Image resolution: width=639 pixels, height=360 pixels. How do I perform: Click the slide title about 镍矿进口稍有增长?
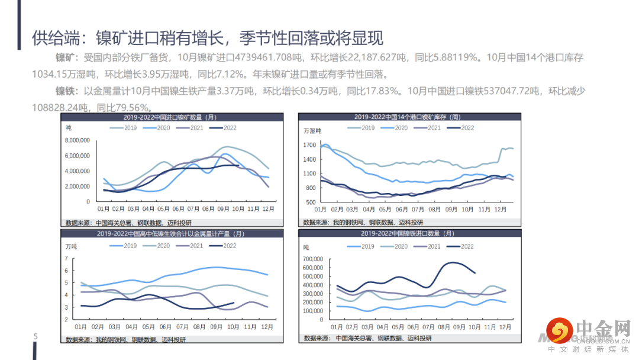click(x=208, y=38)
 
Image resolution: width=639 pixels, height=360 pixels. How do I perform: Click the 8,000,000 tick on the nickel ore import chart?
click(x=76, y=140)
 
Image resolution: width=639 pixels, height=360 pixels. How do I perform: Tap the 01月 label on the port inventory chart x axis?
click(x=321, y=210)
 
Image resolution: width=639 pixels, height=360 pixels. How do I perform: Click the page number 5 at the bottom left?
click(x=35, y=337)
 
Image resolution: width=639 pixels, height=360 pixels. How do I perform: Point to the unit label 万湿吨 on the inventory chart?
click(x=312, y=131)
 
